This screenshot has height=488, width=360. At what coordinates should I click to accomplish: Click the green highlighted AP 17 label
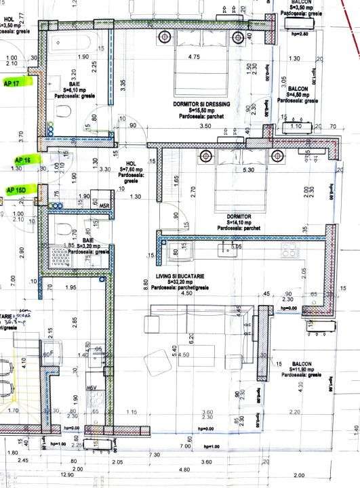coord(12,83)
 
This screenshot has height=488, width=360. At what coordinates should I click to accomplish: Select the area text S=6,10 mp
coord(76,88)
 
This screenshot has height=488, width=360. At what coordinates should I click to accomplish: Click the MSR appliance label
coord(105,205)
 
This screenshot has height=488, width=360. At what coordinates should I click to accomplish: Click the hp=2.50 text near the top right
coord(299,33)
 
